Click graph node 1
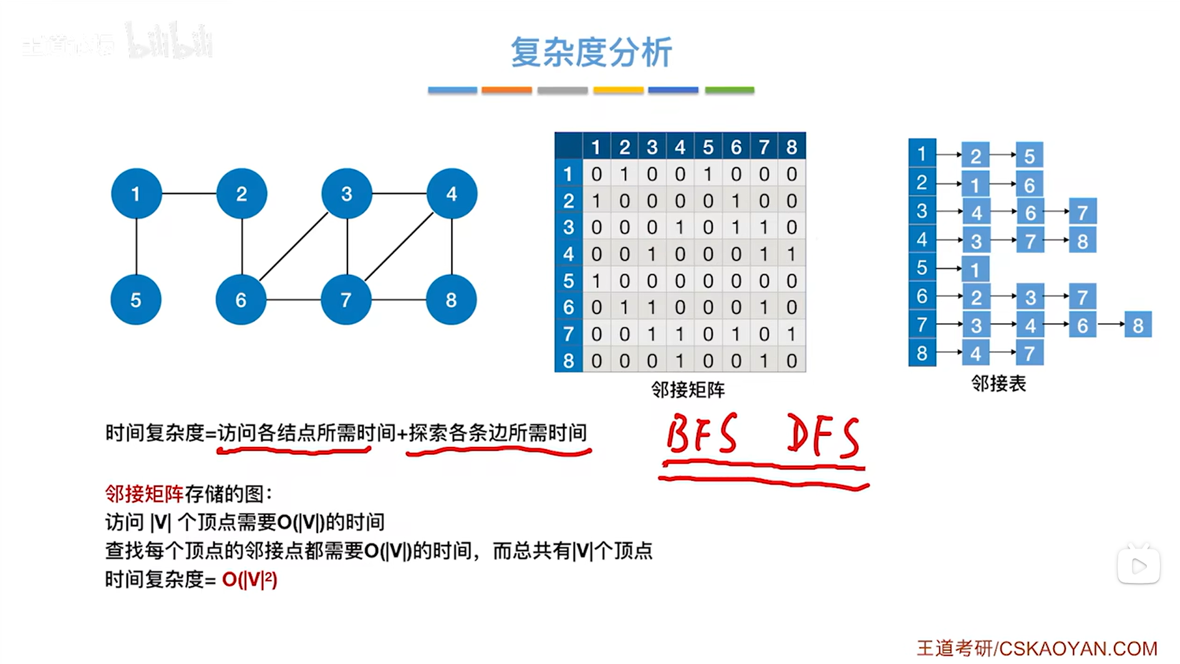[x=136, y=193]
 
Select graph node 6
[x=241, y=300]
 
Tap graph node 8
[x=451, y=300]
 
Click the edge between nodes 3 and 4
[x=399, y=193]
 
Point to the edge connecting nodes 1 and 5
[x=136, y=246]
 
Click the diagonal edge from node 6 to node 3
[x=293, y=247]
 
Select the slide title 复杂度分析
[x=591, y=52]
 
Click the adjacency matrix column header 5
[x=708, y=147]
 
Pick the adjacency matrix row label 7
[x=568, y=334]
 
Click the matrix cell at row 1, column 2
[x=624, y=174]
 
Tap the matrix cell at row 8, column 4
[x=680, y=361]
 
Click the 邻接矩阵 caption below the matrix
[x=687, y=390]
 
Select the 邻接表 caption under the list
[x=998, y=383]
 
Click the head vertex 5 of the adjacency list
[x=922, y=268]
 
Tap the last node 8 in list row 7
[x=1138, y=325]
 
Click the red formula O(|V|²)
[x=249, y=580]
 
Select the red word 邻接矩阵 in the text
[x=144, y=494]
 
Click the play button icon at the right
[x=1138, y=565]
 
